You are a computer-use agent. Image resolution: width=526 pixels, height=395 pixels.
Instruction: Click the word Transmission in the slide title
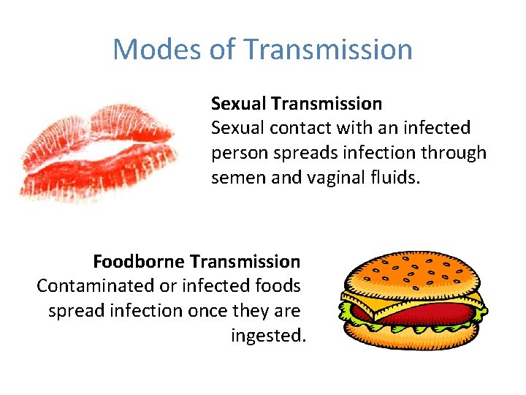[329, 50]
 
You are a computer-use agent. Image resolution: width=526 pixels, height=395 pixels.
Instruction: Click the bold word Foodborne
[139, 261]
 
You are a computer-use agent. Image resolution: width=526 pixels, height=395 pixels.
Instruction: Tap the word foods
[279, 286]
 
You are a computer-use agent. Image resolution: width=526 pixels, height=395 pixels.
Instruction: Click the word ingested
[267, 336]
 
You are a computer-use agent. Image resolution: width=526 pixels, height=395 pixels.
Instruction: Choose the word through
[458, 154]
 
